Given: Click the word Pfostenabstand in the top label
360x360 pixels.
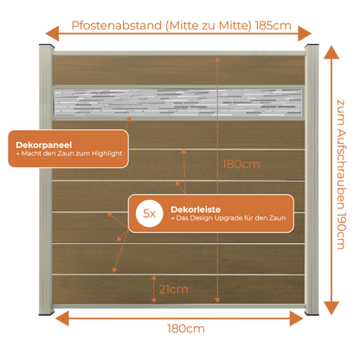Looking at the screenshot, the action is click(x=117, y=26).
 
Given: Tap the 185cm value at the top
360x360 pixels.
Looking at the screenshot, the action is click(x=273, y=26).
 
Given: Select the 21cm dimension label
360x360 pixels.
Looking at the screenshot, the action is click(x=173, y=289).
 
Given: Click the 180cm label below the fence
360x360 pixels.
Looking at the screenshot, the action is click(x=186, y=329).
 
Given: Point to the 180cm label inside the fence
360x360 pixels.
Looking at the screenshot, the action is click(x=241, y=164).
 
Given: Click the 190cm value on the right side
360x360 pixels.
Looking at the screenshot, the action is click(x=341, y=231).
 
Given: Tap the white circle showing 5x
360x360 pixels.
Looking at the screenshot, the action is click(x=150, y=214).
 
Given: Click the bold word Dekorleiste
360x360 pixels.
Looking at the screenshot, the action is click(x=196, y=209).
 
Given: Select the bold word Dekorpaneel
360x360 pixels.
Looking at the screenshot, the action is click(x=44, y=145).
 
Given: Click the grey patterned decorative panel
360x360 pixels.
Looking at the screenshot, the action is click(x=178, y=103).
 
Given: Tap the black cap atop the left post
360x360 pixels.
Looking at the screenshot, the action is click(x=47, y=46).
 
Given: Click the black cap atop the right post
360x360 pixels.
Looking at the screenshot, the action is click(x=312, y=46).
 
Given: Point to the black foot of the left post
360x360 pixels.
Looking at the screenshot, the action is click(x=47, y=312).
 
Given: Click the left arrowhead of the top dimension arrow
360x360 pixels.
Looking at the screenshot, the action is click(x=52, y=34).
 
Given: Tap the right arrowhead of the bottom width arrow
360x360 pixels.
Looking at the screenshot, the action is click(x=297, y=318).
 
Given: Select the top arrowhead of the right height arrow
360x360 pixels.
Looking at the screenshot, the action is click(x=331, y=52).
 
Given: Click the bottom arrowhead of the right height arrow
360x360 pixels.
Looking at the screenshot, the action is click(x=331, y=308).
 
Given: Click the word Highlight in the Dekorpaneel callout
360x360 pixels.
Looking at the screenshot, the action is click(x=107, y=154).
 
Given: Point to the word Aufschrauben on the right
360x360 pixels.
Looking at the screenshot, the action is click(x=341, y=170).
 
